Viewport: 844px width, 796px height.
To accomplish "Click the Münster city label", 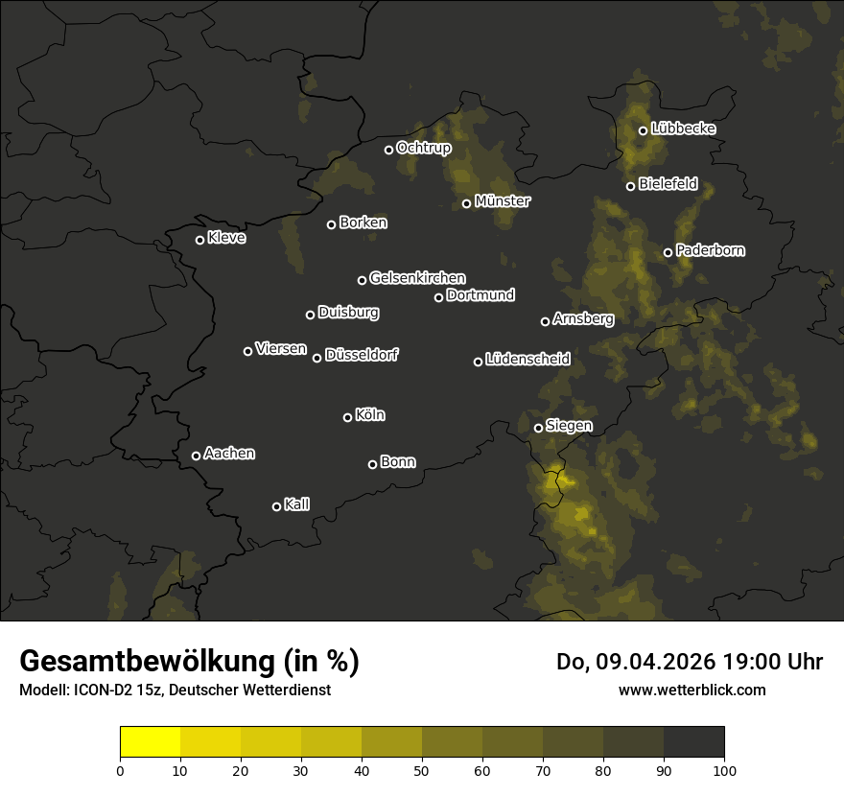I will [x=502, y=201].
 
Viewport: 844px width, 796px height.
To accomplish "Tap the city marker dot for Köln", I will [x=347, y=417].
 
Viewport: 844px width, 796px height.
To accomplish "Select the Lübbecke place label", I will [x=683, y=129].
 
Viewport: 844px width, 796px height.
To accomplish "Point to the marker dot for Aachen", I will [x=196, y=456].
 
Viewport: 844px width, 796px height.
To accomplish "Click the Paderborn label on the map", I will [x=710, y=250].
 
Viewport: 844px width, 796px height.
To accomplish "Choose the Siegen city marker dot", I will [x=538, y=428].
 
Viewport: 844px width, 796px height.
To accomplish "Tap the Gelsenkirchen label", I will [x=417, y=278].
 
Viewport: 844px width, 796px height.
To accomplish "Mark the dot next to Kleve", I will [x=199, y=240].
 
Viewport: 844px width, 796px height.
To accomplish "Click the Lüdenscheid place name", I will [x=527, y=360].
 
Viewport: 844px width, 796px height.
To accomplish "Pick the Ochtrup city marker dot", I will [x=388, y=150].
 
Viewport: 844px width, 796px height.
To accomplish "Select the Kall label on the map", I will [x=296, y=504].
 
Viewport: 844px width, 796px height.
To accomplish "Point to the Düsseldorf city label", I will [x=362, y=355].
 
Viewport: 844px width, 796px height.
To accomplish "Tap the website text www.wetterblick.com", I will [x=692, y=690].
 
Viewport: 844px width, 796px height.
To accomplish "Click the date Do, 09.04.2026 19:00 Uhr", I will [x=690, y=662].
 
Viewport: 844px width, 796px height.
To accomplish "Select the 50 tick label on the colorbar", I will [x=422, y=770].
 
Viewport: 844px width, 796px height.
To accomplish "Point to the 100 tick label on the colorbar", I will [x=724, y=770].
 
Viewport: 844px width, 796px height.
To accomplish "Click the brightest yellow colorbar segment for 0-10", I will [x=151, y=742].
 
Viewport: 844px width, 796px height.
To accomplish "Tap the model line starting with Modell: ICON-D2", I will [x=175, y=691].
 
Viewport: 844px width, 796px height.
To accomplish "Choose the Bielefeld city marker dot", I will [x=630, y=186].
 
